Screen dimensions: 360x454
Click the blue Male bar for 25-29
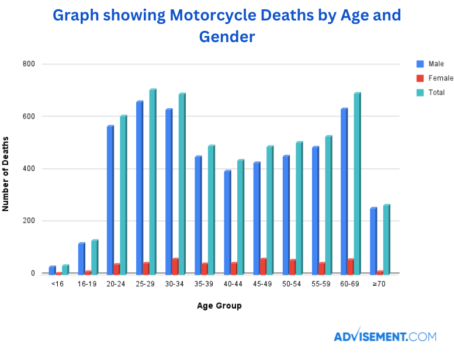140,188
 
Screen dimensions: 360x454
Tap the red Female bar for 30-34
175,266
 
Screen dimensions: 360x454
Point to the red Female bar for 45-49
263,266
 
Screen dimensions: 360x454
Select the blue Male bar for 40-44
227,222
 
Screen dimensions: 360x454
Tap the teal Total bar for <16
65,269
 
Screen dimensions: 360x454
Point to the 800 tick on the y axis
30,64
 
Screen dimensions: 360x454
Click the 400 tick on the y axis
30,169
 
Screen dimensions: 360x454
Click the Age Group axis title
219,305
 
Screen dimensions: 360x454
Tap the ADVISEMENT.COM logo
385,336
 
